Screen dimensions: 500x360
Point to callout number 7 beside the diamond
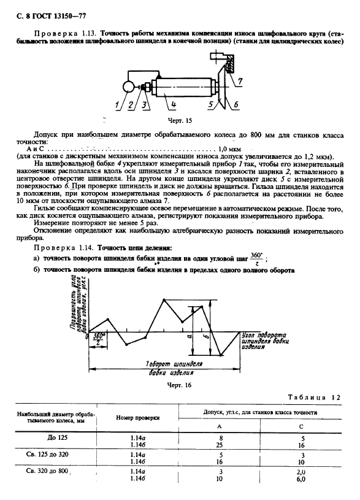click(240, 80)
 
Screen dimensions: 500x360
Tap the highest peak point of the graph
click(165, 299)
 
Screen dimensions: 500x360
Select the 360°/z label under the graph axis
click(98, 340)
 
